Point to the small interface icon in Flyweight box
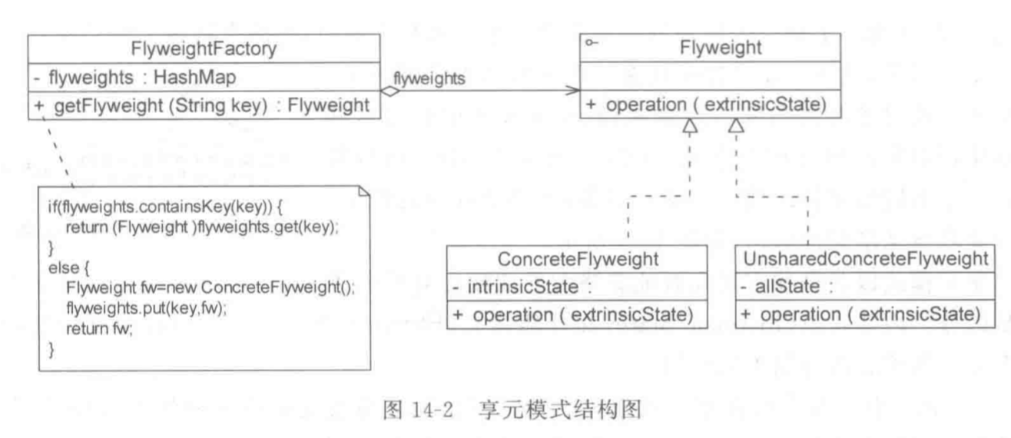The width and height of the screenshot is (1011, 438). click(591, 43)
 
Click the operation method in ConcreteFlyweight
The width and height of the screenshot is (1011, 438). click(572, 314)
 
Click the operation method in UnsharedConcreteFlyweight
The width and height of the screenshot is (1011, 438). click(861, 314)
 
